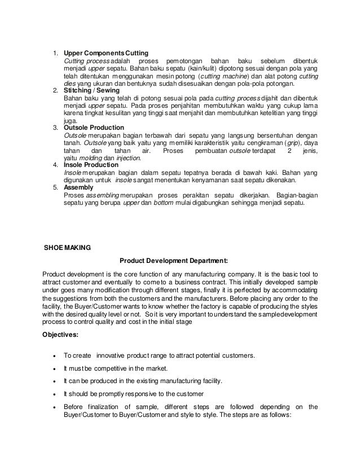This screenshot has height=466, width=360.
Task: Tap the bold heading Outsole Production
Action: (x=93, y=128)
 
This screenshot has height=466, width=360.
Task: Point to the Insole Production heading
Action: (x=91, y=165)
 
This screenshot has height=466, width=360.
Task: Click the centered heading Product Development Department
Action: (x=174, y=261)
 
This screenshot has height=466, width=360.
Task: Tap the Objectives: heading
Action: (x=62, y=332)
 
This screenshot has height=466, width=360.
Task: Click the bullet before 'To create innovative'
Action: (x=53, y=355)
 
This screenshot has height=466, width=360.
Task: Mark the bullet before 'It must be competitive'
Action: (x=53, y=369)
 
